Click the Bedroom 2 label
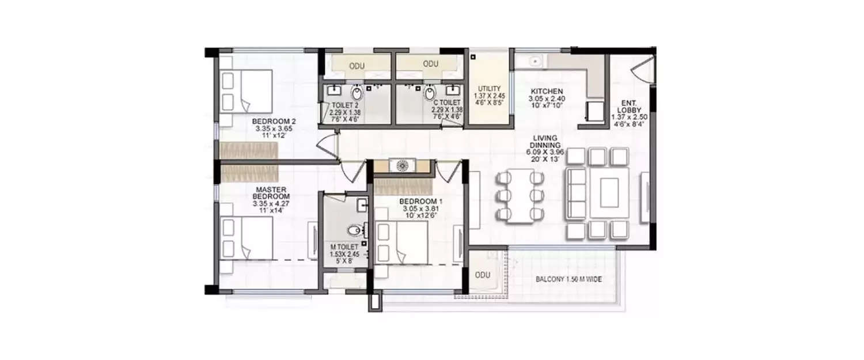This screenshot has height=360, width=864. click(x=274, y=122)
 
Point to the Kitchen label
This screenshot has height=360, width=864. click(x=547, y=92)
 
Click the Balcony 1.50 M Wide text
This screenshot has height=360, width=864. click(x=573, y=279)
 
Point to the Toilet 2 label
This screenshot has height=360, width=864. click(x=340, y=105)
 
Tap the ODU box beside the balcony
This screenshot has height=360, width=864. click(x=483, y=275)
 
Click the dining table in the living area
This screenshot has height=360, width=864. click(x=520, y=196)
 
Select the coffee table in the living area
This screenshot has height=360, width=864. click(x=609, y=193)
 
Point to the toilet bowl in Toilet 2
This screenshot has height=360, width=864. click(x=358, y=93)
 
